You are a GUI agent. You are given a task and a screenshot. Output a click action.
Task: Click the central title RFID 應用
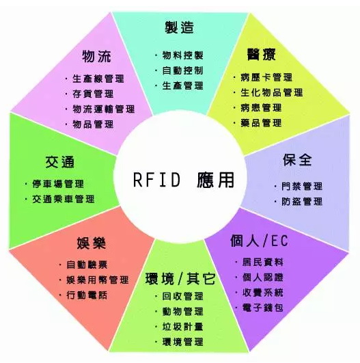tap(184, 179)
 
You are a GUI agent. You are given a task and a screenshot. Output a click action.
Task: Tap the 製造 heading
tap(179, 27)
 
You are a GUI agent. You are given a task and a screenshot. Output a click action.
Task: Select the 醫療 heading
tap(261, 55)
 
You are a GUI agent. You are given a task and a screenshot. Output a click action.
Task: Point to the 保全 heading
tap(297, 159)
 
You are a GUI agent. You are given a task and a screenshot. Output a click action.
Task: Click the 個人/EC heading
tap(259, 241)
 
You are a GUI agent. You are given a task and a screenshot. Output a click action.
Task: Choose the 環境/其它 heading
tap(180, 278)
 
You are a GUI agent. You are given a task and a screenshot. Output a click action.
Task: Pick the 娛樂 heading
tap(91, 243)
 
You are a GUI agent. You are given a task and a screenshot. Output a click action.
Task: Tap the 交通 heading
tap(60, 162)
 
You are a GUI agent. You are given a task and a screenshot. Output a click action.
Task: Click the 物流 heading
tap(96, 56)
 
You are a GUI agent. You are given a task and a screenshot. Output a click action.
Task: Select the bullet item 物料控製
tap(182, 55)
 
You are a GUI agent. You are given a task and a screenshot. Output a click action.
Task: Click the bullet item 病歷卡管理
tap(266, 77)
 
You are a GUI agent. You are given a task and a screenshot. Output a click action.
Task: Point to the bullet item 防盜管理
tap(302, 202)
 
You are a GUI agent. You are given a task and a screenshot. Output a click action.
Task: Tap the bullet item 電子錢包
tap(262, 308)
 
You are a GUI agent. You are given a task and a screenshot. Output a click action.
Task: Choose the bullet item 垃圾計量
tap(182, 327)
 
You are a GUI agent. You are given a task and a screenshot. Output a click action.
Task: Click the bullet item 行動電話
tap(87, 295)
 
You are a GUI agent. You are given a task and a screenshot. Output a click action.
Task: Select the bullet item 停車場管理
tap(58, 184)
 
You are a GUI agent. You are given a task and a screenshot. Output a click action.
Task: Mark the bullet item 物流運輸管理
tap(103, 109)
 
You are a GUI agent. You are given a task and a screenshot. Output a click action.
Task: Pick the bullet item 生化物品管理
tap(271, 92)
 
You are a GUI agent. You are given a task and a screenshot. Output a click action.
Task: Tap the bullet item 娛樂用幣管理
tap(98, 280)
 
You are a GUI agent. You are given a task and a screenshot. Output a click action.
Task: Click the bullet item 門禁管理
tap(302, 187)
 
